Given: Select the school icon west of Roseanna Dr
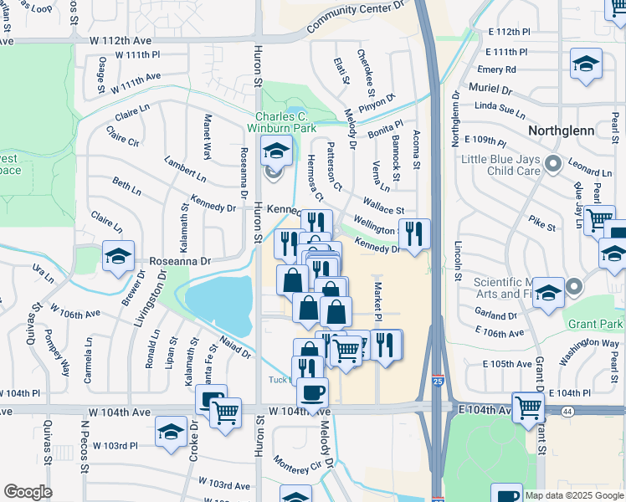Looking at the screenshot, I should (118, 255).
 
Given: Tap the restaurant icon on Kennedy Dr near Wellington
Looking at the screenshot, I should (414, 233).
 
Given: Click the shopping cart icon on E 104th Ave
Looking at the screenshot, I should (528, 407).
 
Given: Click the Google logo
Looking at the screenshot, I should (28, 492).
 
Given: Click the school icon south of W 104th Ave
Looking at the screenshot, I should (171, 433).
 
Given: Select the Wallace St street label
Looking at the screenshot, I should (384, 206).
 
